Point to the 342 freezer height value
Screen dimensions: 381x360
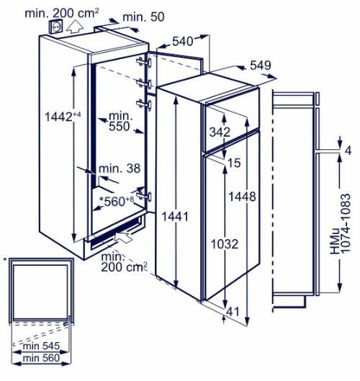coord(220,132)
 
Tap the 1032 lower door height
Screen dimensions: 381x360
coord(224,244)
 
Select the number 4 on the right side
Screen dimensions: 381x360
coord(348,151)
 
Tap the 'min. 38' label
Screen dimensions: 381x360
coord(120,168)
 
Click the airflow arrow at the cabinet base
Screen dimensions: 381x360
coord(122,236)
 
